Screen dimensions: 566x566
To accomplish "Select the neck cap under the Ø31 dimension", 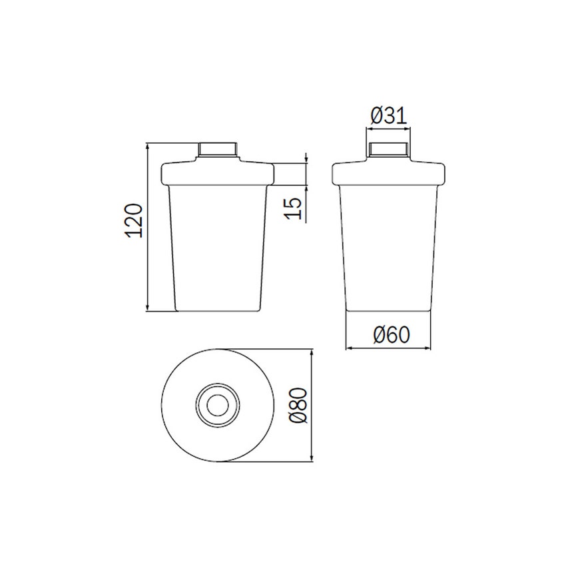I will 390,149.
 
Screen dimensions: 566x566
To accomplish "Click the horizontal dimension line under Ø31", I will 390,129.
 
